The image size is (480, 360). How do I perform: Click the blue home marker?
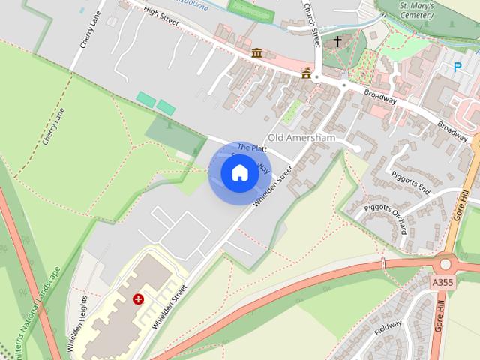(x=238, y=173)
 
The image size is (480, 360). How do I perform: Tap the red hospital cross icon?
(x=138, y=298)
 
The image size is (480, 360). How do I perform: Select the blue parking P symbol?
(x=457, y=67)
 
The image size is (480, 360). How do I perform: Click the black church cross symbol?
(x=337, y=41)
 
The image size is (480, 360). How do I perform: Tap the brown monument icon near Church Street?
(x=306, y=73)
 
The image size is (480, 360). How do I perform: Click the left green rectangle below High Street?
(x=146, y=99)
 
